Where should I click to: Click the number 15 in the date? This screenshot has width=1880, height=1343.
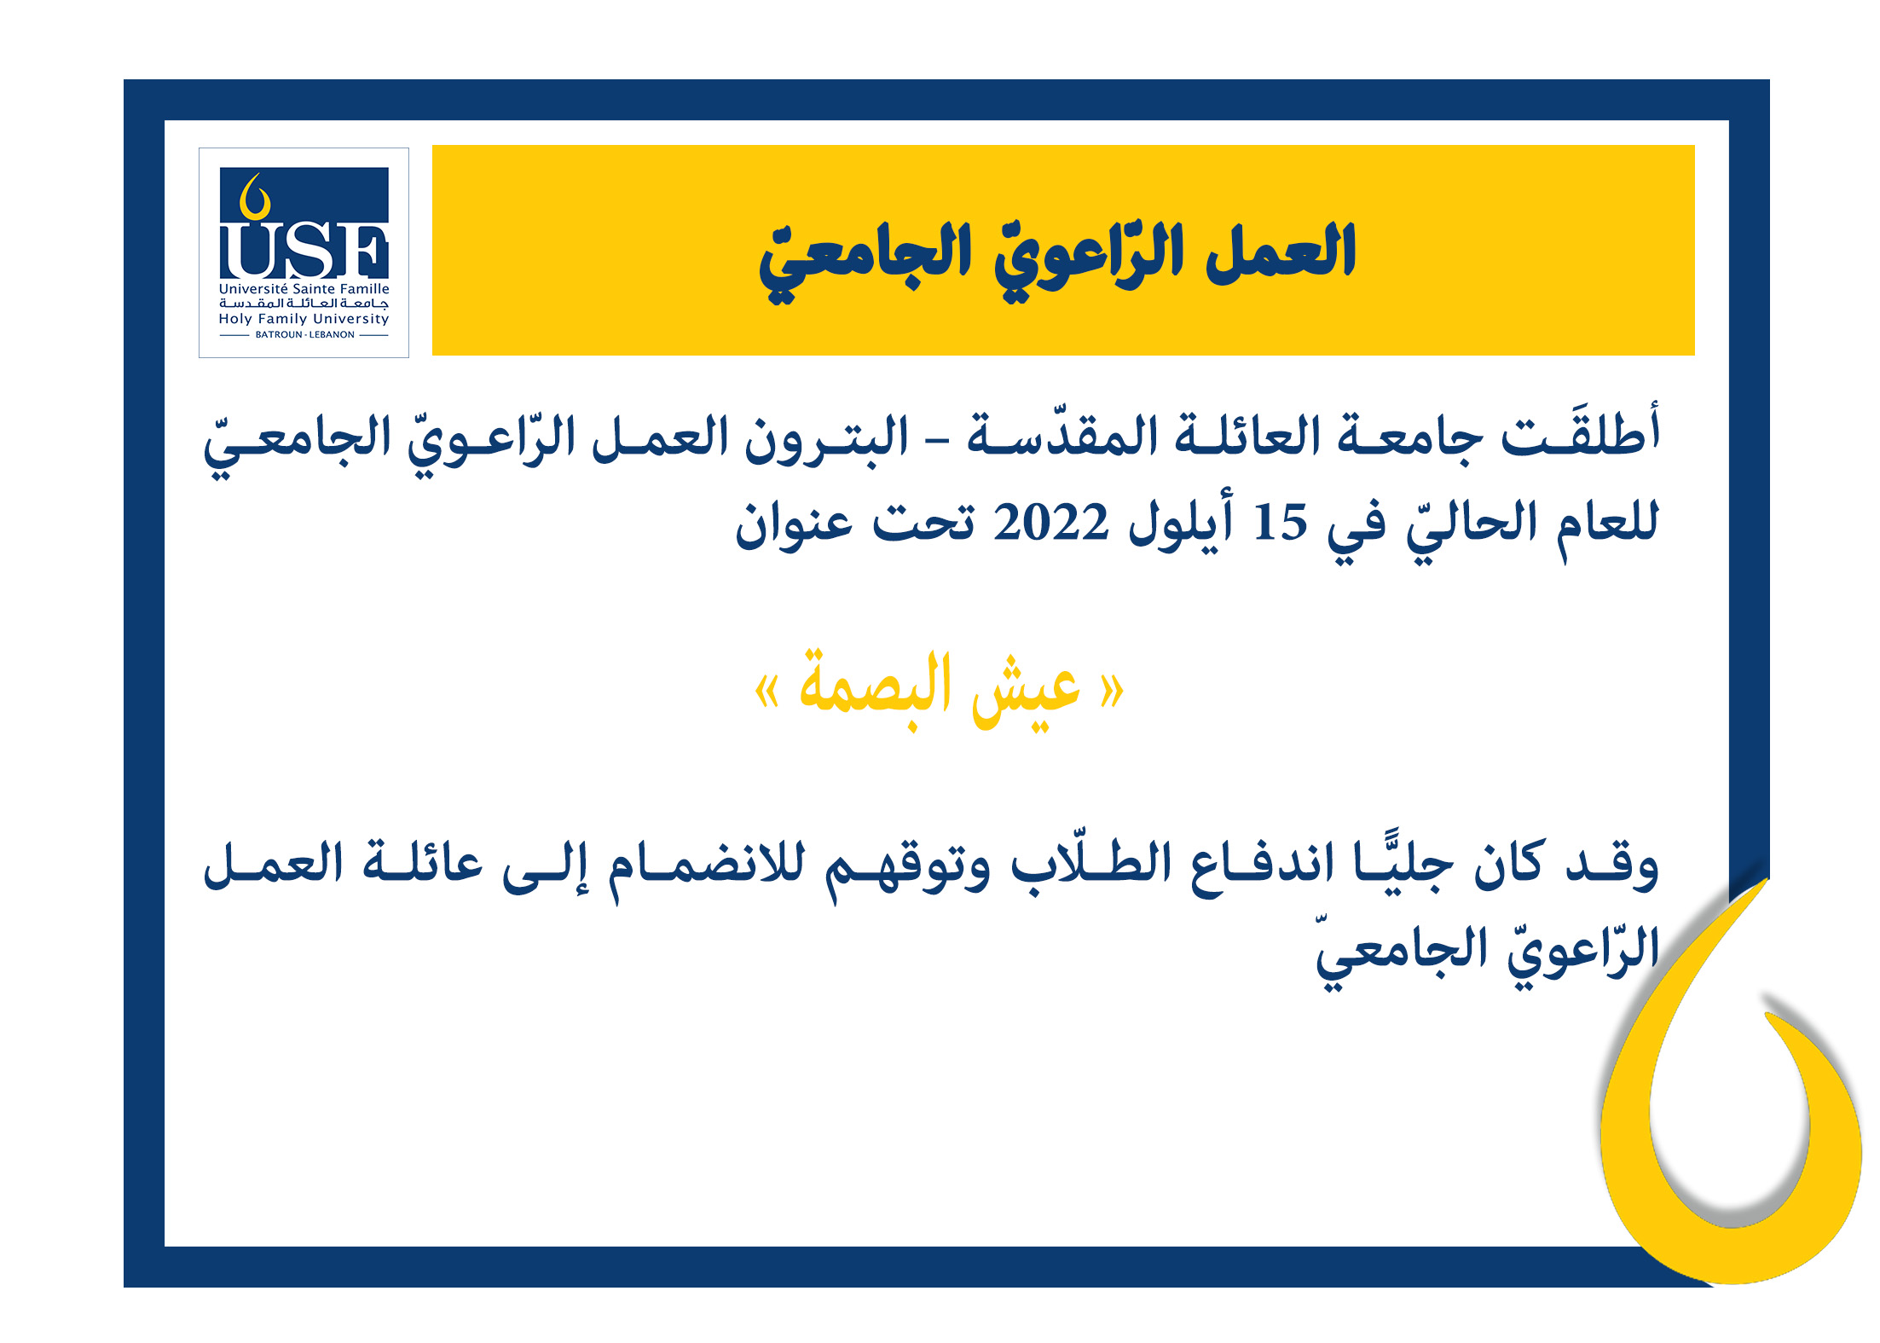click(1280, 523)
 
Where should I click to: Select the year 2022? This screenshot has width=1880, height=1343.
click(1050, 523)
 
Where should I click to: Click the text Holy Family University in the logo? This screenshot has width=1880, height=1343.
click(304, 319)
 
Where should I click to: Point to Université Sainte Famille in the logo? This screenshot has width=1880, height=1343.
click(304, 289)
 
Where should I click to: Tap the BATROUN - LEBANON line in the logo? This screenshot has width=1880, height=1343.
click(304, 335)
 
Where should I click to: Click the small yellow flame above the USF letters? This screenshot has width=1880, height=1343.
click(254, 198)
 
